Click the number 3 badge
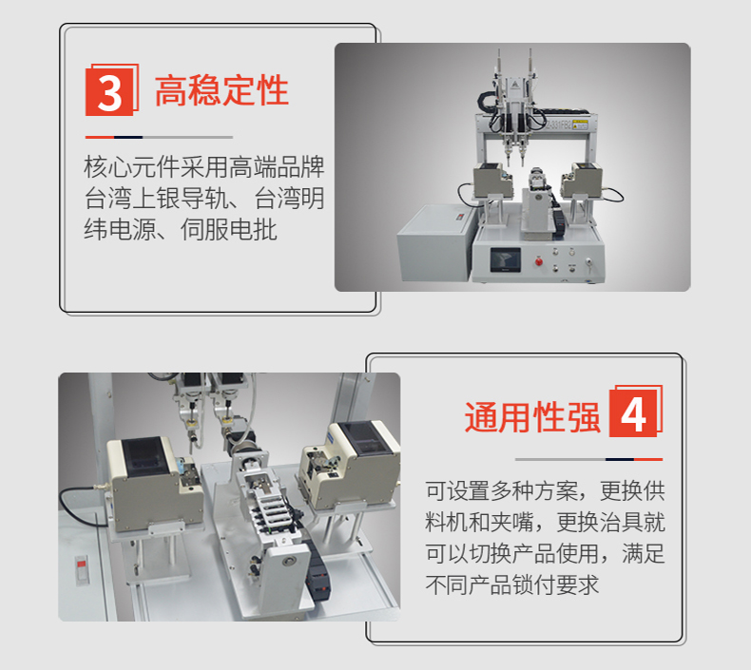109,91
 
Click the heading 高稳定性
221,90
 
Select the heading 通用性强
532,417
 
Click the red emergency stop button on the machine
538,261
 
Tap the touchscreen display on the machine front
505,259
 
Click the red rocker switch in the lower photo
82,570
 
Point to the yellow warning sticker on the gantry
580,124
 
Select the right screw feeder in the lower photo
350,465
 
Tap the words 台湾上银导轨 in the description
156,199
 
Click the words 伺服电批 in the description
228,230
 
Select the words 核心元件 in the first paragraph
132,166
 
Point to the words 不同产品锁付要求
512,585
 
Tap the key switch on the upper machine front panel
588,262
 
